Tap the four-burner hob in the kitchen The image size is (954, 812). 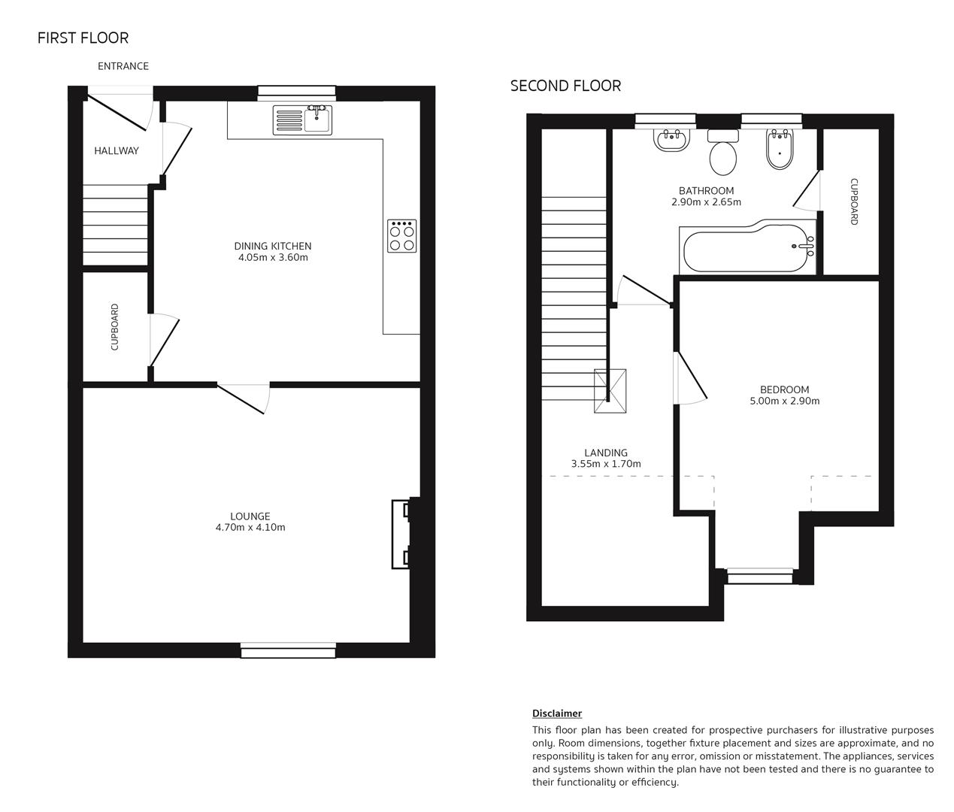point(401,235)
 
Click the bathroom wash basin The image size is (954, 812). point(672,140)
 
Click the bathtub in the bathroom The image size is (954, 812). point(749,247)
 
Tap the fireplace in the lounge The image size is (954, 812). point(401,533)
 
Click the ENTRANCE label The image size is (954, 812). point(123,66)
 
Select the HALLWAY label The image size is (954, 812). point(117,151)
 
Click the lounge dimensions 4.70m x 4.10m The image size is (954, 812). point(250,528)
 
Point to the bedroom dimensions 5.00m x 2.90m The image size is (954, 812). point(784,401)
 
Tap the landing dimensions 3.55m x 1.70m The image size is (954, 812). point(606,465)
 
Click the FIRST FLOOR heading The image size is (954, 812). point(83,38)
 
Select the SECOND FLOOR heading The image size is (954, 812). point(565,86)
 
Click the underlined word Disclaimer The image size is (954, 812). point(557,714)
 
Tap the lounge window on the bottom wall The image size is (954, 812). point(288,650)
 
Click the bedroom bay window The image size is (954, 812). point(759,577)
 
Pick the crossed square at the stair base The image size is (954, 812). point(610,391)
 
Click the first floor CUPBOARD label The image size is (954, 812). point(115,327)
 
